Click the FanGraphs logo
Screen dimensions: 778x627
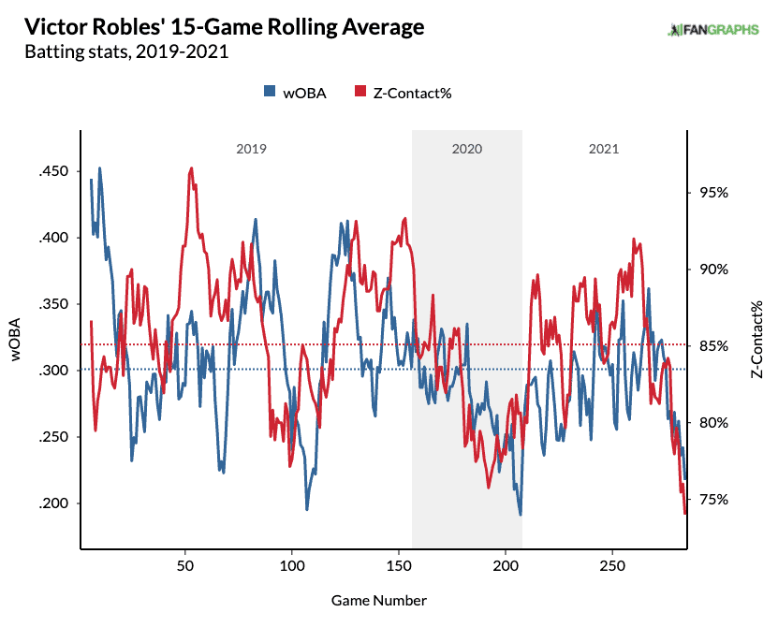pyautogui.click(x=713, y=30)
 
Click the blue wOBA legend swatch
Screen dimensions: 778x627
pyautogui.click(x=270, y=92)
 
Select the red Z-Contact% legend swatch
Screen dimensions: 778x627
pyautogui.click(x=360, y=92)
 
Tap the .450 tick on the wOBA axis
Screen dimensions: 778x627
pyautogui.click(x=53, y=171)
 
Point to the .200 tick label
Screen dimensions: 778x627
pyautogui.click(x=53, y=503)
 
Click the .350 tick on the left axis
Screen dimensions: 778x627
pyautogui.click(x=53, y=304)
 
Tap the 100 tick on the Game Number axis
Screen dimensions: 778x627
pyautogui.click(x=292, y=566)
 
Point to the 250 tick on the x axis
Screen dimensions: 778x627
pyautogui.click(x=612, y=566)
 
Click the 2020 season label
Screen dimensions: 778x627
pyautogui.click(x=467, y=149)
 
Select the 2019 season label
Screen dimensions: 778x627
pyautogui.click(x=251, y=149)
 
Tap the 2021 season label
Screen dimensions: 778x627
pyautogui.click(x=604, y=149)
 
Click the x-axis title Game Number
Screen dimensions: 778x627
pyautogui.click(x=379, y=601)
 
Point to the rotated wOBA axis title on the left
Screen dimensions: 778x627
pyautogui.click(x=16, y=340)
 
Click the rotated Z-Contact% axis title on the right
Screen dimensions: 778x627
pyautogui.click(x=756, y=340)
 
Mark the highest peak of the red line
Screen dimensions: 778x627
pyautogui.click(x=191, y=168)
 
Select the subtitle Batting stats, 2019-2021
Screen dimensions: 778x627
pyautogui.click(x=126, y=52)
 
